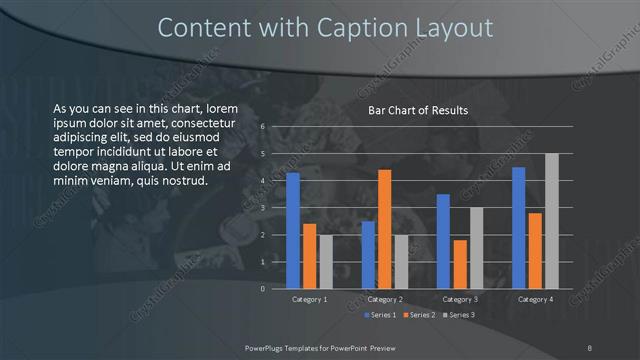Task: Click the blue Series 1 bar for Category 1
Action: click(x=293, y=231)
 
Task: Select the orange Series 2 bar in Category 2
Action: click(x=385, y=229)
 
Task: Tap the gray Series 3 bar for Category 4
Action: click(x=551, y=221)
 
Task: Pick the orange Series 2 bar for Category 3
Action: click(x=460, y=264)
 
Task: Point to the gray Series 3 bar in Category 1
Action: click(x=326, y=262)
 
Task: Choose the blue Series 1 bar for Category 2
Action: click(x=368, y=255)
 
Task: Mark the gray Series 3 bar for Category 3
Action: click(x=476, y=248)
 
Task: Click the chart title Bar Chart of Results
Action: click(x=418, y=110)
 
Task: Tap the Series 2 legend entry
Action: click(x=419, y=315)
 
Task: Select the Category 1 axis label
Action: click(x=309, y=299)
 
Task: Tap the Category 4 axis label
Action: click(x=535, y=299)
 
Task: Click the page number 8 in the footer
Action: click(x=590, y=347)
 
